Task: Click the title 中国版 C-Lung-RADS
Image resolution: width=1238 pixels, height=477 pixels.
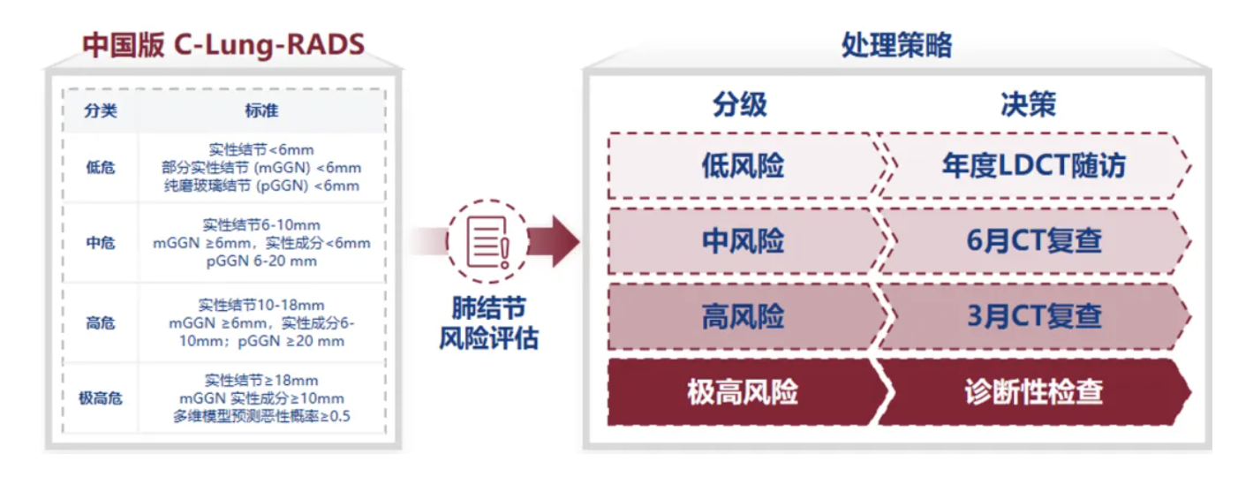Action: click(223, 45)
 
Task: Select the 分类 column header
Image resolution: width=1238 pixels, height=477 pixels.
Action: click(101, 110)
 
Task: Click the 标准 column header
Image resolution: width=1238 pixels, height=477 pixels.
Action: click(261, 110)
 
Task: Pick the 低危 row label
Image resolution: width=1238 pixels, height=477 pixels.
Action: click(101, 168)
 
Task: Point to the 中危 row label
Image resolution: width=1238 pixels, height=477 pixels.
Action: click(101, 243)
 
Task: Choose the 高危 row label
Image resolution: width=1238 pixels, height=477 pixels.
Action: click(101, 322)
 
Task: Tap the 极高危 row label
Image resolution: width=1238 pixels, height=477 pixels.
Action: click(101, 398)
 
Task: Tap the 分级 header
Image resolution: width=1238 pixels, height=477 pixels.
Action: click(740, 104)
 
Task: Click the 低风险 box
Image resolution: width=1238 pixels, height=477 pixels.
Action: click(744, 165)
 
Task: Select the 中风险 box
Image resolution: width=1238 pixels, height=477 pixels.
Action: click(744, 241)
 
